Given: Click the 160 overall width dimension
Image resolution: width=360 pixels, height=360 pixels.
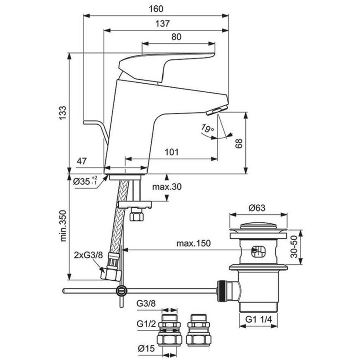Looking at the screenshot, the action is pyautogui.click(x=156, y=9).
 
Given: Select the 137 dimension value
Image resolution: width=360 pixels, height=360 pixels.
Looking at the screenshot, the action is pyautogui.click(x=162, y=23).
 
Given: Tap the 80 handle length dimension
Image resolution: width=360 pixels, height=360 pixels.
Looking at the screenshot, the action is pyautogui.click(x=176, y=37).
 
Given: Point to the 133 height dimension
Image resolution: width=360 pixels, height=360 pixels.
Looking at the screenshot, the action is pyautogui.click(x=63, y=113).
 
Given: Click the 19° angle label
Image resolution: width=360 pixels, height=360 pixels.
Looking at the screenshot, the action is pyautogui.click(x=207, y=128).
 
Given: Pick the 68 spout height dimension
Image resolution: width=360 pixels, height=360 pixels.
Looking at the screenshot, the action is pyautogui.click(x=239, y=144).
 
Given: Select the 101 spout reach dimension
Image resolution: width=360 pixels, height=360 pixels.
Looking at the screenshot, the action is pyautogui.click(x=171, y=152).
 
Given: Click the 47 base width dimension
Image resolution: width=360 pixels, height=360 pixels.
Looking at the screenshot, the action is pyautogui.click(x=82, y=161).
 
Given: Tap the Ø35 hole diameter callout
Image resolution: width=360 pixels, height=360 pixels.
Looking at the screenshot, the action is pyautogui.click(x=85, y=181).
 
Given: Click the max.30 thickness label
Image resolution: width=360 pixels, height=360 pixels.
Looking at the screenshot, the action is pyautogui.click(x=167, y=187).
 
